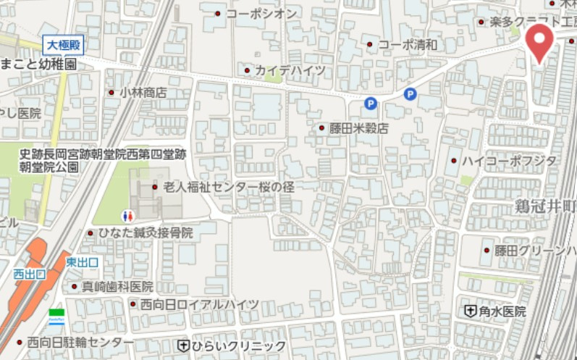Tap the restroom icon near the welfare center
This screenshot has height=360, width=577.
(127, 216)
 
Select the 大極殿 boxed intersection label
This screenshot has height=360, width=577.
(62, 45)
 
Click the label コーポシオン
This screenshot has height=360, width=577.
(261, 14)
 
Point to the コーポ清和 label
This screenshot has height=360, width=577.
(408, 45)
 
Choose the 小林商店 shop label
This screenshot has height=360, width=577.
(143, 92)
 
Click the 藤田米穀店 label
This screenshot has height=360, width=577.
(358, 128)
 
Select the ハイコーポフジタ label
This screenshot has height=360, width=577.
(510, 160)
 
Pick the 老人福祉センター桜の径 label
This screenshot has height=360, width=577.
(228, 187)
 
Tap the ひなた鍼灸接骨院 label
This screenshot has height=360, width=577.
(146, 233)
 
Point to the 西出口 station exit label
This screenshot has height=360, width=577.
(30, 274)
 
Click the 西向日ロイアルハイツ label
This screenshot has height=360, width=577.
(198, 304)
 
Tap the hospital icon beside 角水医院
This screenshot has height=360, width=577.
(470, 311)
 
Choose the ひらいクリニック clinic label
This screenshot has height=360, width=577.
(238, 346)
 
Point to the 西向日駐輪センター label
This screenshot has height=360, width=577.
(80, 342)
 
